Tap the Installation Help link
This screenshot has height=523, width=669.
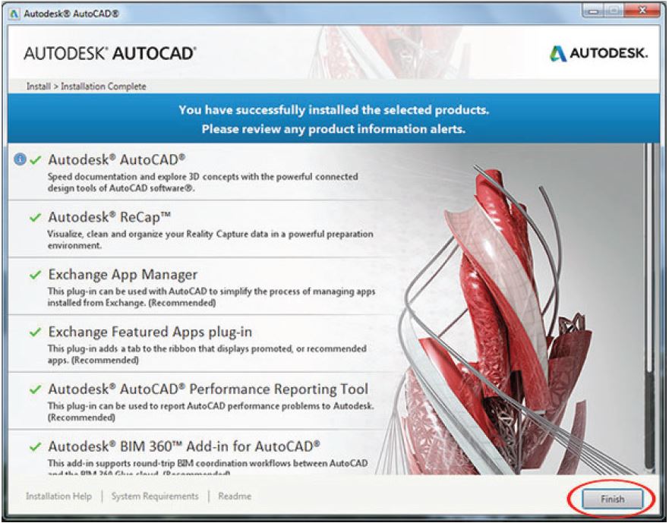(58, 496)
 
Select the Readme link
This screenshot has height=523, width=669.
(234, 496)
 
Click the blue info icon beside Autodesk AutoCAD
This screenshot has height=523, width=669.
(19, 160)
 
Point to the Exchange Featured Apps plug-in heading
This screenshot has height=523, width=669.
(150, 332)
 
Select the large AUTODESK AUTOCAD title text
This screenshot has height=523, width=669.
(111, 54)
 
